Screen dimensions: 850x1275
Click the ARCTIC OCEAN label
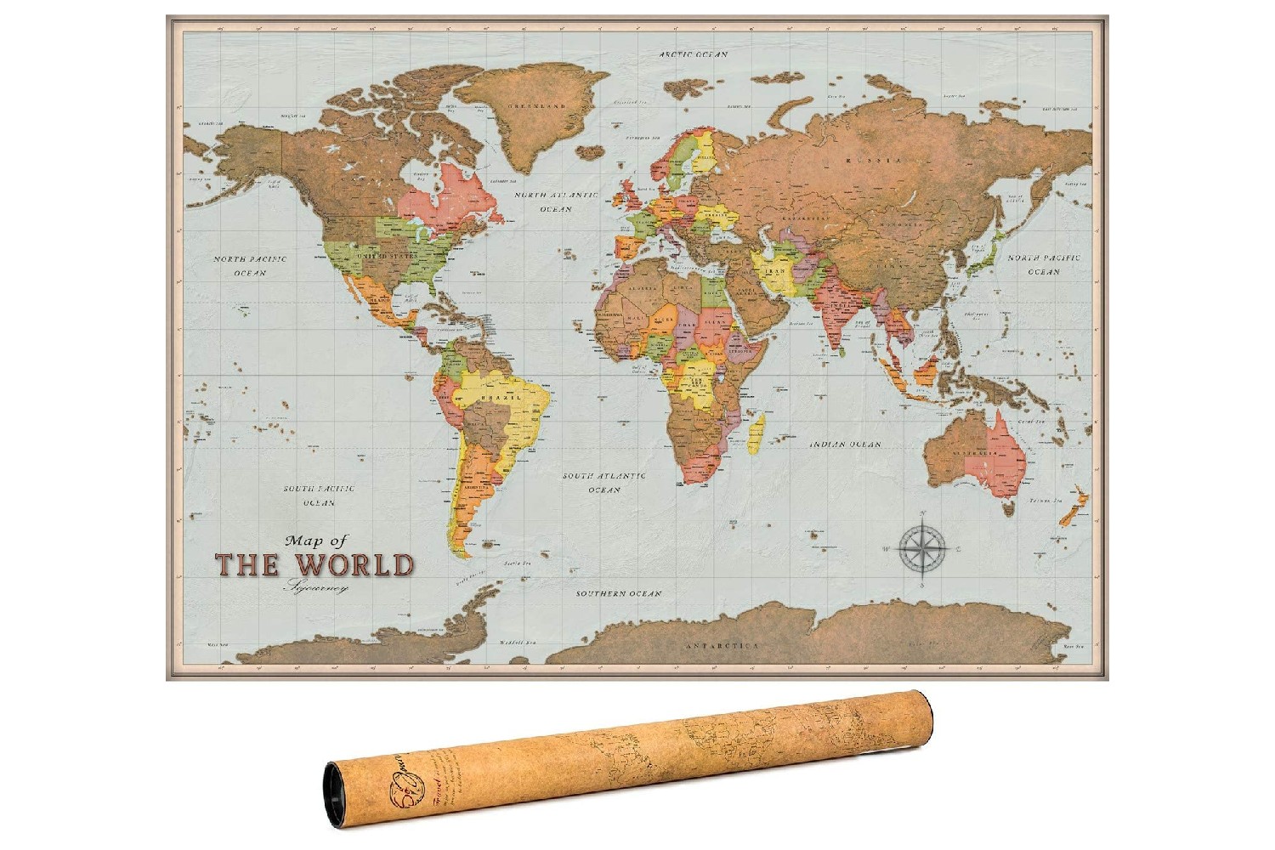tap(694, 54)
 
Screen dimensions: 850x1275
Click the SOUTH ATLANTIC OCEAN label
tap(603, 483)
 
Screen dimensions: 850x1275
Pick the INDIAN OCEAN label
tap(844, 444)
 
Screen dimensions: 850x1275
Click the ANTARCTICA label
tap(722, 646)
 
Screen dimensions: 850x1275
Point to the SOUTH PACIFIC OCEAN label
tap(319, 496)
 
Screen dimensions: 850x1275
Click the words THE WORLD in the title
tap(314, 565)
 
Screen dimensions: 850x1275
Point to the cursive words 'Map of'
tap(317, 540)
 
